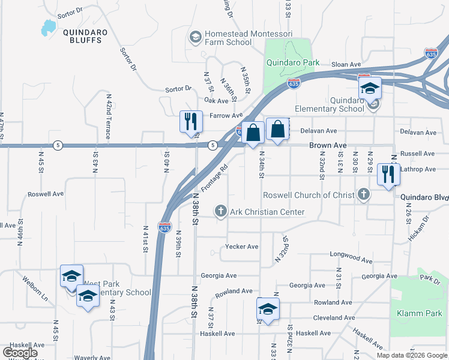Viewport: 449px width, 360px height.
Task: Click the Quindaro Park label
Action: click(295, 64)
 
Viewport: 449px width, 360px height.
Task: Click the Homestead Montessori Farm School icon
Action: click(195, 38)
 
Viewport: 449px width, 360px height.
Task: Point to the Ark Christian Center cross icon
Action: click(221, 212)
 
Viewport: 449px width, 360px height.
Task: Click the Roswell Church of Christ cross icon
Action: click(363, 195)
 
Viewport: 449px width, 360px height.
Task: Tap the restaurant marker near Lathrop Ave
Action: click(388, 174)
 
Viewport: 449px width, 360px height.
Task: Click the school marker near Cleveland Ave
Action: click(267, 309)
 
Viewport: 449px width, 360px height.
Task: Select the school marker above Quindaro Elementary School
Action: click(370, 88)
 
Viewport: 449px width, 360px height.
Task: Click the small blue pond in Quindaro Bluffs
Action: click(47, 28)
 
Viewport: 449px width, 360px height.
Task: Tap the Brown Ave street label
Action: click(328, 146)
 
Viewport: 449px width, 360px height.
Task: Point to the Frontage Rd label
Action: click(215, 179)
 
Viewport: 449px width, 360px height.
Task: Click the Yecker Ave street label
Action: click(241, 247)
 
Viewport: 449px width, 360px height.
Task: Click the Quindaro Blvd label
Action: click(424, 197)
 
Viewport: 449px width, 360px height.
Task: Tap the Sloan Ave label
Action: click(347, 64)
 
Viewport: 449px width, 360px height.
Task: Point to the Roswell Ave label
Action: click(46, 194)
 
